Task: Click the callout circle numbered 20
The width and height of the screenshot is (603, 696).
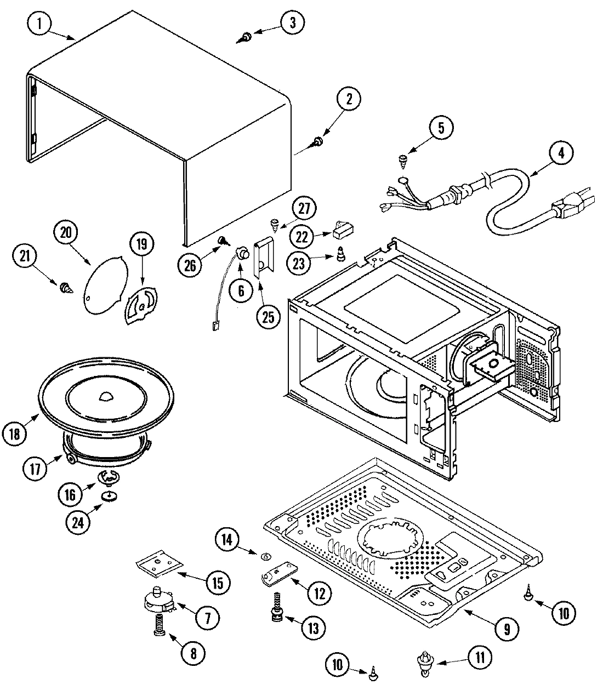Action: pos(66,232)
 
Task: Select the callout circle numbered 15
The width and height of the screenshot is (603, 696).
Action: pos(218,583)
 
